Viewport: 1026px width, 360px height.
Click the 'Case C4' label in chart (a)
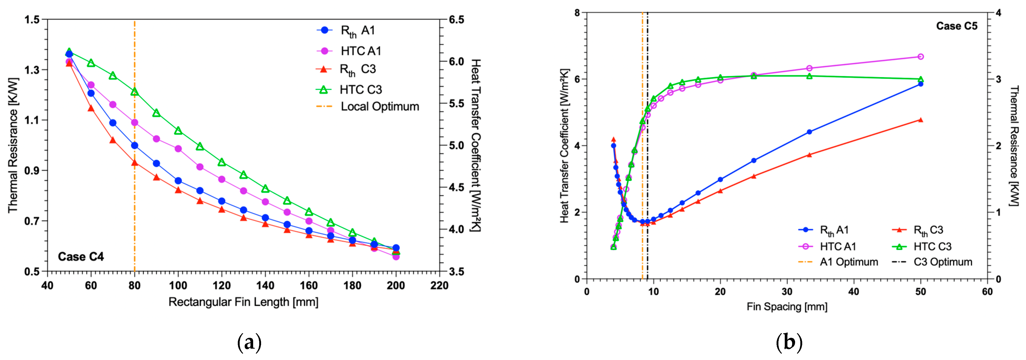[81, 256]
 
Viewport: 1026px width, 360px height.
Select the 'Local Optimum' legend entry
[380, 106]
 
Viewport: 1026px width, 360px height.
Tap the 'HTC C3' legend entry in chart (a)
[360, 90]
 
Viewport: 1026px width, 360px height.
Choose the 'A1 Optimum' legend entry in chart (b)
[849, 262]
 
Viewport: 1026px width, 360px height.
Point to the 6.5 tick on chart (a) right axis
[456, 20]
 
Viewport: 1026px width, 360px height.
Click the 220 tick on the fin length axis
[439, 285]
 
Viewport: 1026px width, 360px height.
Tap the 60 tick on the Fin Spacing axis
[987, 292]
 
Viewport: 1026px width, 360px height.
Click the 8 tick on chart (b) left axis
[577, 13]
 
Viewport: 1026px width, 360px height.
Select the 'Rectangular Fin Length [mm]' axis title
[243, 302]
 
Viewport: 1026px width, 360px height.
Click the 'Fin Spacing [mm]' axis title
[787, 307]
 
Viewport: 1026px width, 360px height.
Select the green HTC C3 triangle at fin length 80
[134, 92]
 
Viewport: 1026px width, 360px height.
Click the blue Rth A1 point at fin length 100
[178, 181]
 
